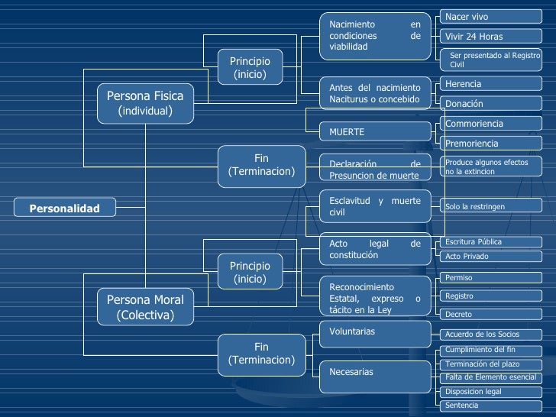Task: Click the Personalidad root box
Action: [64, 208]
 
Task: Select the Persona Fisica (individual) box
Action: [145, 104]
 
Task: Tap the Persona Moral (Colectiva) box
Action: [145, 307]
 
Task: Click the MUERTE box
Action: [375, 131]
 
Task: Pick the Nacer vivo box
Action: [491, 17]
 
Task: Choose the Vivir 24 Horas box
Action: [491, 36]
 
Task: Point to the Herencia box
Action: [491, 84]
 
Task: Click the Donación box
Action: [491, 104]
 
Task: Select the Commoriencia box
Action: [491, 124]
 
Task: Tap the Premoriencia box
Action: [491, 144]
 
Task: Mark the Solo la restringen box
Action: [491, 205]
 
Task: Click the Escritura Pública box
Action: [491, 242]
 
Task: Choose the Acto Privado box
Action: [491, 257]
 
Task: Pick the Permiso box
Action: [491, 278]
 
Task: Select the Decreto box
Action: [491, 314]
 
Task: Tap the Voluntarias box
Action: [375, 335]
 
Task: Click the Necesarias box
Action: [375, 377]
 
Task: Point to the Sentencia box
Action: [491, 406]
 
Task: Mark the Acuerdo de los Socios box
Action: [491, 335]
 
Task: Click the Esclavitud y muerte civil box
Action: [375, 206]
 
